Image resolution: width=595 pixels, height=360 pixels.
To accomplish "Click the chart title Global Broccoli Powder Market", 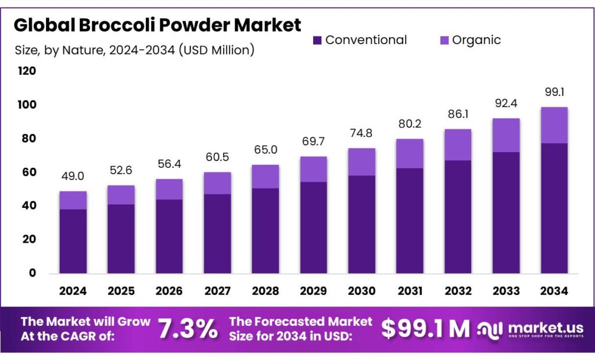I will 157,25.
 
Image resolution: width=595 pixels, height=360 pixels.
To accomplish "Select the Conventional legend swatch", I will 317,40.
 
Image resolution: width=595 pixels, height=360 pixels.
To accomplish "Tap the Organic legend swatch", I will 444,40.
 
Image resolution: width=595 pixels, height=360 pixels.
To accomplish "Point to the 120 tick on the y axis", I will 27,71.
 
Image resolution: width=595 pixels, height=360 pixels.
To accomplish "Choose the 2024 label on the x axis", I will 73,290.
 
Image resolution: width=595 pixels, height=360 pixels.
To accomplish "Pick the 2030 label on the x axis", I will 361,290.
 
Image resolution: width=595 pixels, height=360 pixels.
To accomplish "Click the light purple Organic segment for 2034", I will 554,125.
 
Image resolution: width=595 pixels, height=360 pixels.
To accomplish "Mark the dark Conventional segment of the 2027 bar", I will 217,233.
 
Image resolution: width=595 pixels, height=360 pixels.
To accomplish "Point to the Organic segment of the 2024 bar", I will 73,200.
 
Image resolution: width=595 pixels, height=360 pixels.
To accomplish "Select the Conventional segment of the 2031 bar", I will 410,221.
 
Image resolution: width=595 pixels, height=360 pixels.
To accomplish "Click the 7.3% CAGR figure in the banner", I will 188,329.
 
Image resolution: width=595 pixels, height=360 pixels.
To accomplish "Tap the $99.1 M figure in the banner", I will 425,329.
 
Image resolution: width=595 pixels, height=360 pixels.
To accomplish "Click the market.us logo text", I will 543,327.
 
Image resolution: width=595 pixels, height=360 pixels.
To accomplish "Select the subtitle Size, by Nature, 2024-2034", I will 134,50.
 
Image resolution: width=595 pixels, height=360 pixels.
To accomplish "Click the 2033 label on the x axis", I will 506,290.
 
